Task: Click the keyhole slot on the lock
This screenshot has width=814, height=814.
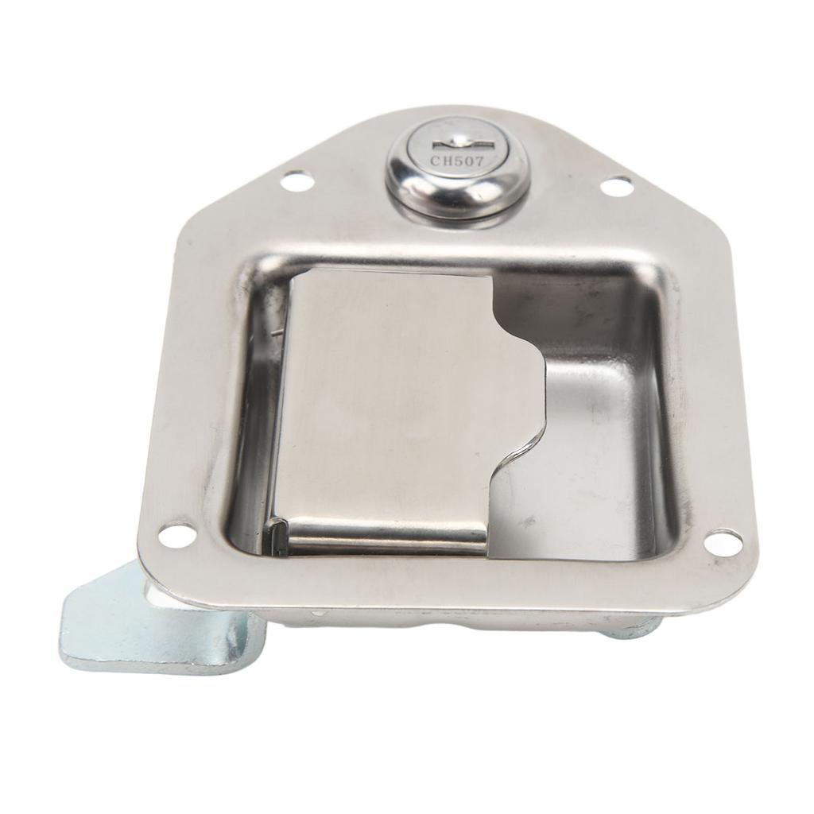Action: point(457,143)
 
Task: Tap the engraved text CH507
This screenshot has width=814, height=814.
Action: point(458,160)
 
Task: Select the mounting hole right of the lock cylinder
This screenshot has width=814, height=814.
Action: point(616,187)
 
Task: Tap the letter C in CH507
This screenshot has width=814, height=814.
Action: point(435,161)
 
